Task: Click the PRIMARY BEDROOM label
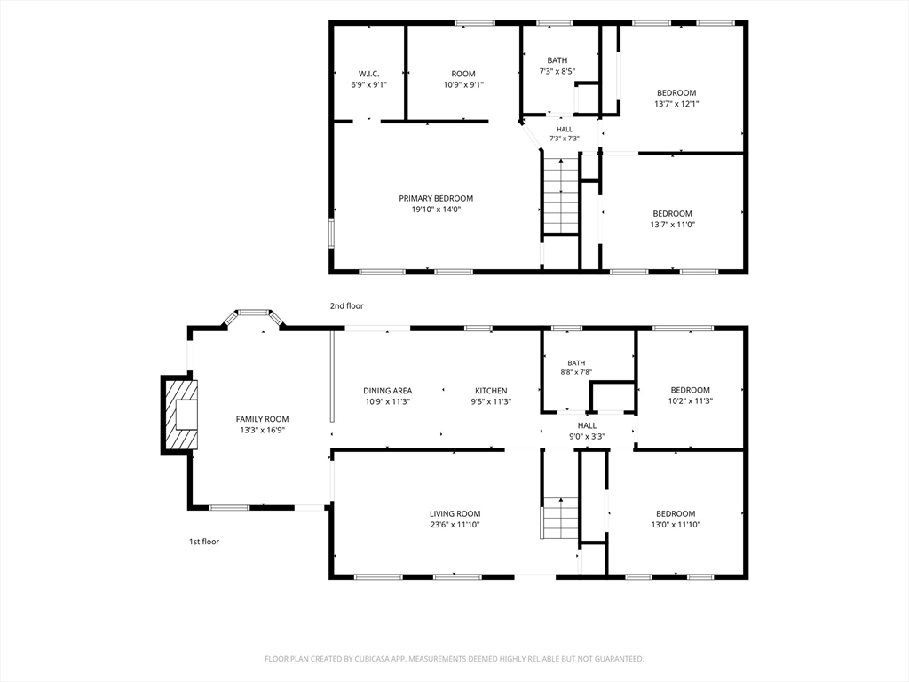(x=436, y=198)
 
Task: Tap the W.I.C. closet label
(x=368, y=74)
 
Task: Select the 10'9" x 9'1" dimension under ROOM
(x=463, y=84)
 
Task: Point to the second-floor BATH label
(x=557, y=60)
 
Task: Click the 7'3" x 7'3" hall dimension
(x=565, y=139)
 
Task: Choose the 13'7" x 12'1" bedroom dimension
(x=676, y=104)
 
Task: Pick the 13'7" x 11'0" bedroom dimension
(x=673, y=225)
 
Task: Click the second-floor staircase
(x=561, y=195)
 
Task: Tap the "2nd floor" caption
(x=347, y=305)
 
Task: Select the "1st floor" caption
(x=204, y=542)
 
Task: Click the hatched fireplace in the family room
(x=179, y=415)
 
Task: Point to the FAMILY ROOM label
(x=262, y=419)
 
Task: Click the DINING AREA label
(x=388, y=391)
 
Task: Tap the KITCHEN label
(x=491, y=391)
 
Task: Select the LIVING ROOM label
(x=455, y=514)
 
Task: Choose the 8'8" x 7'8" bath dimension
(x=576, y=373)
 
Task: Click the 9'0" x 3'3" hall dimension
(x=588, y=437)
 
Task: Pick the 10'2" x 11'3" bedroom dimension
(x=691, y=400)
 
